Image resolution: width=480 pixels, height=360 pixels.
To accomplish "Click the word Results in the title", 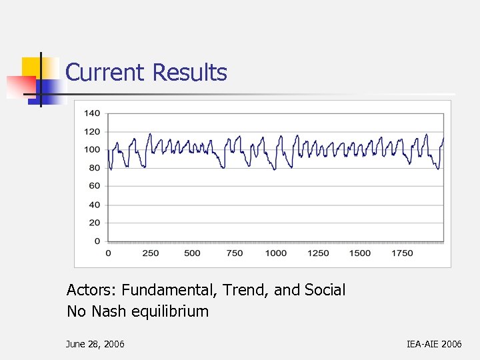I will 190,72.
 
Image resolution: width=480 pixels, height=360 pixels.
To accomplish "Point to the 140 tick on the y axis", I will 92,113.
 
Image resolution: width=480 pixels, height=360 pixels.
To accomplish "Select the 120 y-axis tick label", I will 92,131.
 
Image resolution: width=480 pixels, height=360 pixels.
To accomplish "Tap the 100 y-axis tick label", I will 92,149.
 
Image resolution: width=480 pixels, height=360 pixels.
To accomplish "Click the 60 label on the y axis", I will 95,186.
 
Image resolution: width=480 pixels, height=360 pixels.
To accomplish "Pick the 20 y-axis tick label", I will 95,223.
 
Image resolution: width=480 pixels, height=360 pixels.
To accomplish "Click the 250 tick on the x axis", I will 151,253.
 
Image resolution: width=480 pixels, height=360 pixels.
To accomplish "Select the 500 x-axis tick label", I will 192,253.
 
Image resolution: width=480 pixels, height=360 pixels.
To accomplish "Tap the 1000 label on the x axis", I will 275,253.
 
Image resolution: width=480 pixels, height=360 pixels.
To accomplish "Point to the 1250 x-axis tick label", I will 318,253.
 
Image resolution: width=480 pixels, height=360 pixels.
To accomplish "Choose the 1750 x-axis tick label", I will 401,253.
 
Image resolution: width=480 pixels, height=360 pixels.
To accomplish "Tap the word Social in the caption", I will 325,290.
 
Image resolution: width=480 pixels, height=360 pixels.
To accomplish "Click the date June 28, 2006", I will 95,344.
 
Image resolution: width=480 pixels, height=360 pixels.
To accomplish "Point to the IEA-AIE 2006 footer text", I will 434,344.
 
